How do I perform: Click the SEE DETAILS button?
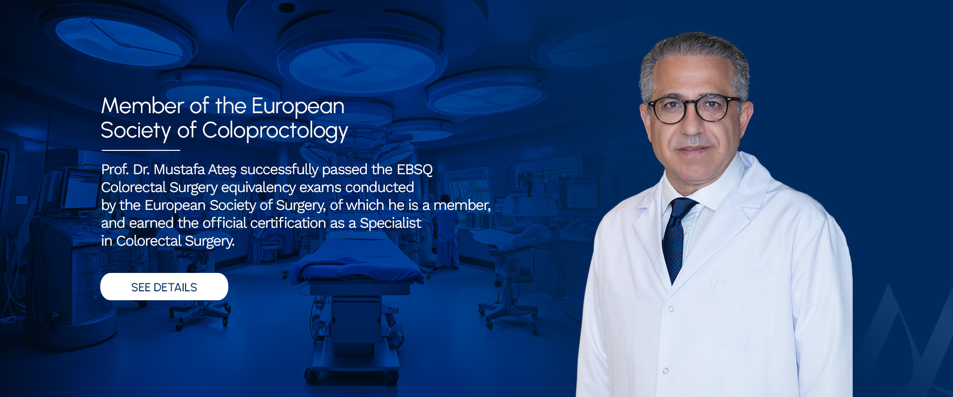[164, 287]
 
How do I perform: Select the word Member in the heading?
[143, 106]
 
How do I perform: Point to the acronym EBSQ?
[414, 170]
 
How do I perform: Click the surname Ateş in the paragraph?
[222, 170]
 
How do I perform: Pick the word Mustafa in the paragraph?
[179, 170]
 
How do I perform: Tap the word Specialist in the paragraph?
[391, 223]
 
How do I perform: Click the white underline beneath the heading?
[140, 150]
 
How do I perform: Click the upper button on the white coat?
[671, 309]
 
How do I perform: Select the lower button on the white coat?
[666, 371]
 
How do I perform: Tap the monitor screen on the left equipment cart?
[79, 189]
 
